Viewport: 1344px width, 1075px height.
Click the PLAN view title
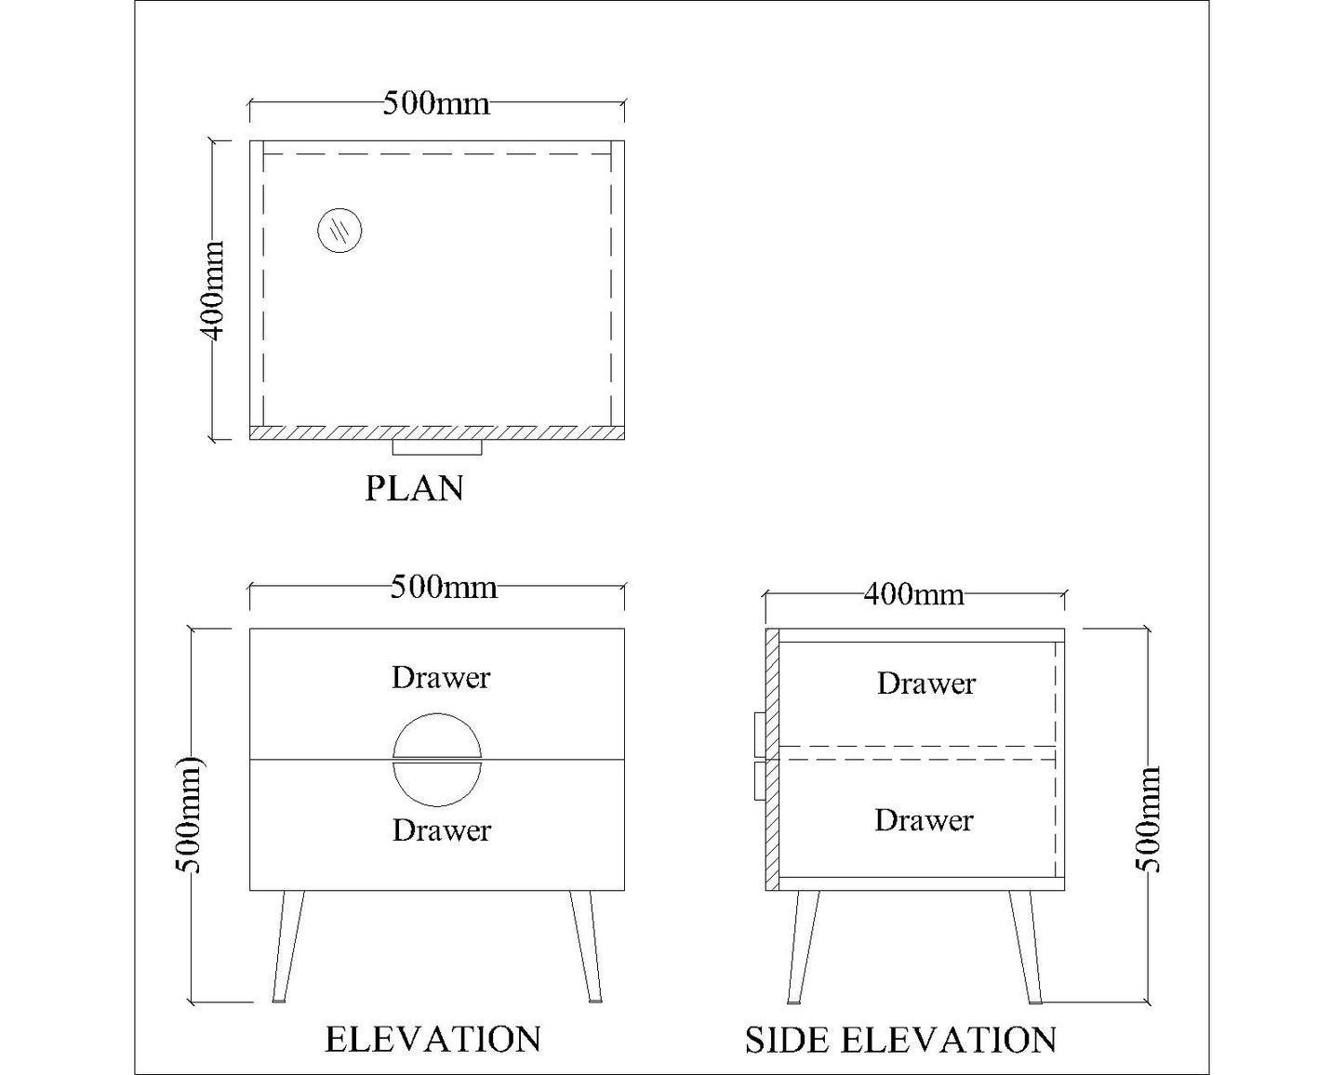414,488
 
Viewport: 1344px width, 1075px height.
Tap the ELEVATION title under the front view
432,1040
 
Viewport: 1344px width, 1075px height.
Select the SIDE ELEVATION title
900,1040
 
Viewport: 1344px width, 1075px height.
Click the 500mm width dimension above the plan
436,103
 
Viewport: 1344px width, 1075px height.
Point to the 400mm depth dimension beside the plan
212,290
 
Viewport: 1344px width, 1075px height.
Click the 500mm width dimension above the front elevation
444,587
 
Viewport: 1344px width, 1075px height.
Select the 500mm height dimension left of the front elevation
188,815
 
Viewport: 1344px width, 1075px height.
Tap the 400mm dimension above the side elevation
913,594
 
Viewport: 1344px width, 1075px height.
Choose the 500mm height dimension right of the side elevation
1147,819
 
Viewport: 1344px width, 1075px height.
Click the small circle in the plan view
339,231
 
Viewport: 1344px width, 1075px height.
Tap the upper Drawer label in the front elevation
441,678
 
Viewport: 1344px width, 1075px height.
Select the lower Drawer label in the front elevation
442,830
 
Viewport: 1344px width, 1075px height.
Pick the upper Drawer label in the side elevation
926,683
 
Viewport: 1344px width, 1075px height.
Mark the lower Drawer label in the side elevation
924,820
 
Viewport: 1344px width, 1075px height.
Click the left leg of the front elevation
287,947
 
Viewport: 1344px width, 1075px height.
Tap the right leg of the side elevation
1026,948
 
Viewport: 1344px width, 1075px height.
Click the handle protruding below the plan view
437,447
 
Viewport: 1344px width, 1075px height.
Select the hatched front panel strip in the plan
437,432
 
